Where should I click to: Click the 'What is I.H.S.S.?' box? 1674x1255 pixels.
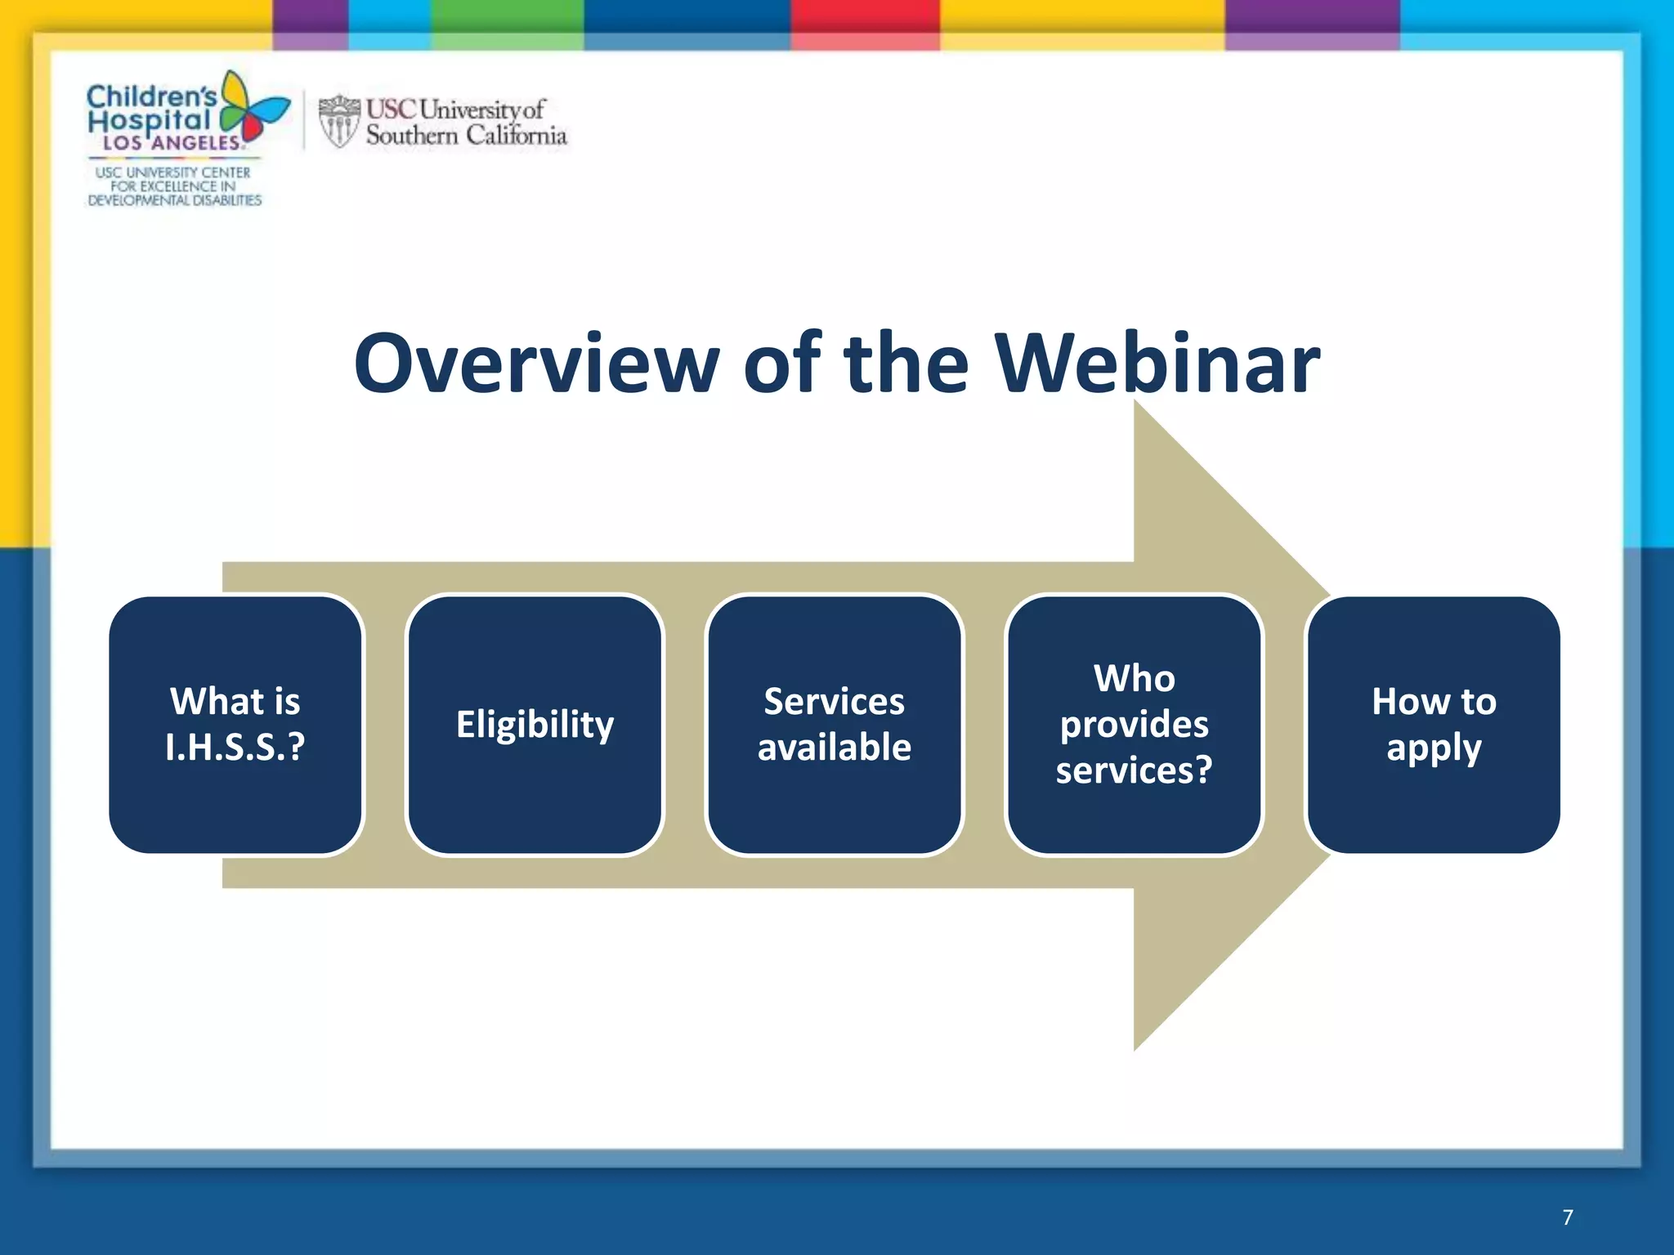click(235, 725)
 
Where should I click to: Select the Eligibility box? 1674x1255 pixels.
click(535, 725)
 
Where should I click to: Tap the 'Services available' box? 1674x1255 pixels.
click(835, 725)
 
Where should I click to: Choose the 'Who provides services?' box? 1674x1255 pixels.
click(1134, 725)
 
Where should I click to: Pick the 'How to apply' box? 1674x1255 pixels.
click(1434, 725)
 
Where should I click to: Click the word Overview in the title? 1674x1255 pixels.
click(536, 364)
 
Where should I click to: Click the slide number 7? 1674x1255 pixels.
click(1567, 1217)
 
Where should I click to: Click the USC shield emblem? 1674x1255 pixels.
click(338, 121)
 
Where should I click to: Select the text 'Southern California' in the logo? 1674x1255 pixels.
click(466, 136)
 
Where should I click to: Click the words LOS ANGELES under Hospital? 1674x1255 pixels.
click(172, 143)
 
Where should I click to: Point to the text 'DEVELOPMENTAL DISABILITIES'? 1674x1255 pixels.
click(174, 200)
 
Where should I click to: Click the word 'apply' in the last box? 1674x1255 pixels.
click(1434, 748)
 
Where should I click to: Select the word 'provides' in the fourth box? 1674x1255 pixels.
click(1134, 725)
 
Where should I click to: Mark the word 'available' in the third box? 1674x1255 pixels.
click(835, 748)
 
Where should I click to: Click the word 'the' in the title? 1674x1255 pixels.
click(906, 364)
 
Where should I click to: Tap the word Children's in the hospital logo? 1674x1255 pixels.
click(150, 96)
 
